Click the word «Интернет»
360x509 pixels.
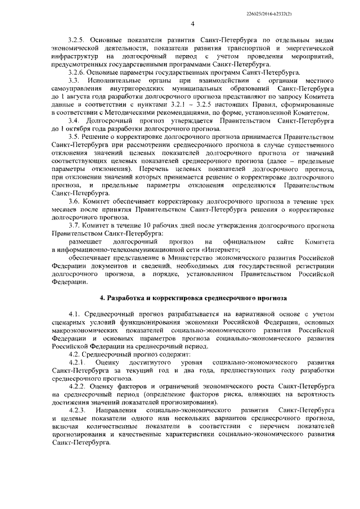click(222, 249)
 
